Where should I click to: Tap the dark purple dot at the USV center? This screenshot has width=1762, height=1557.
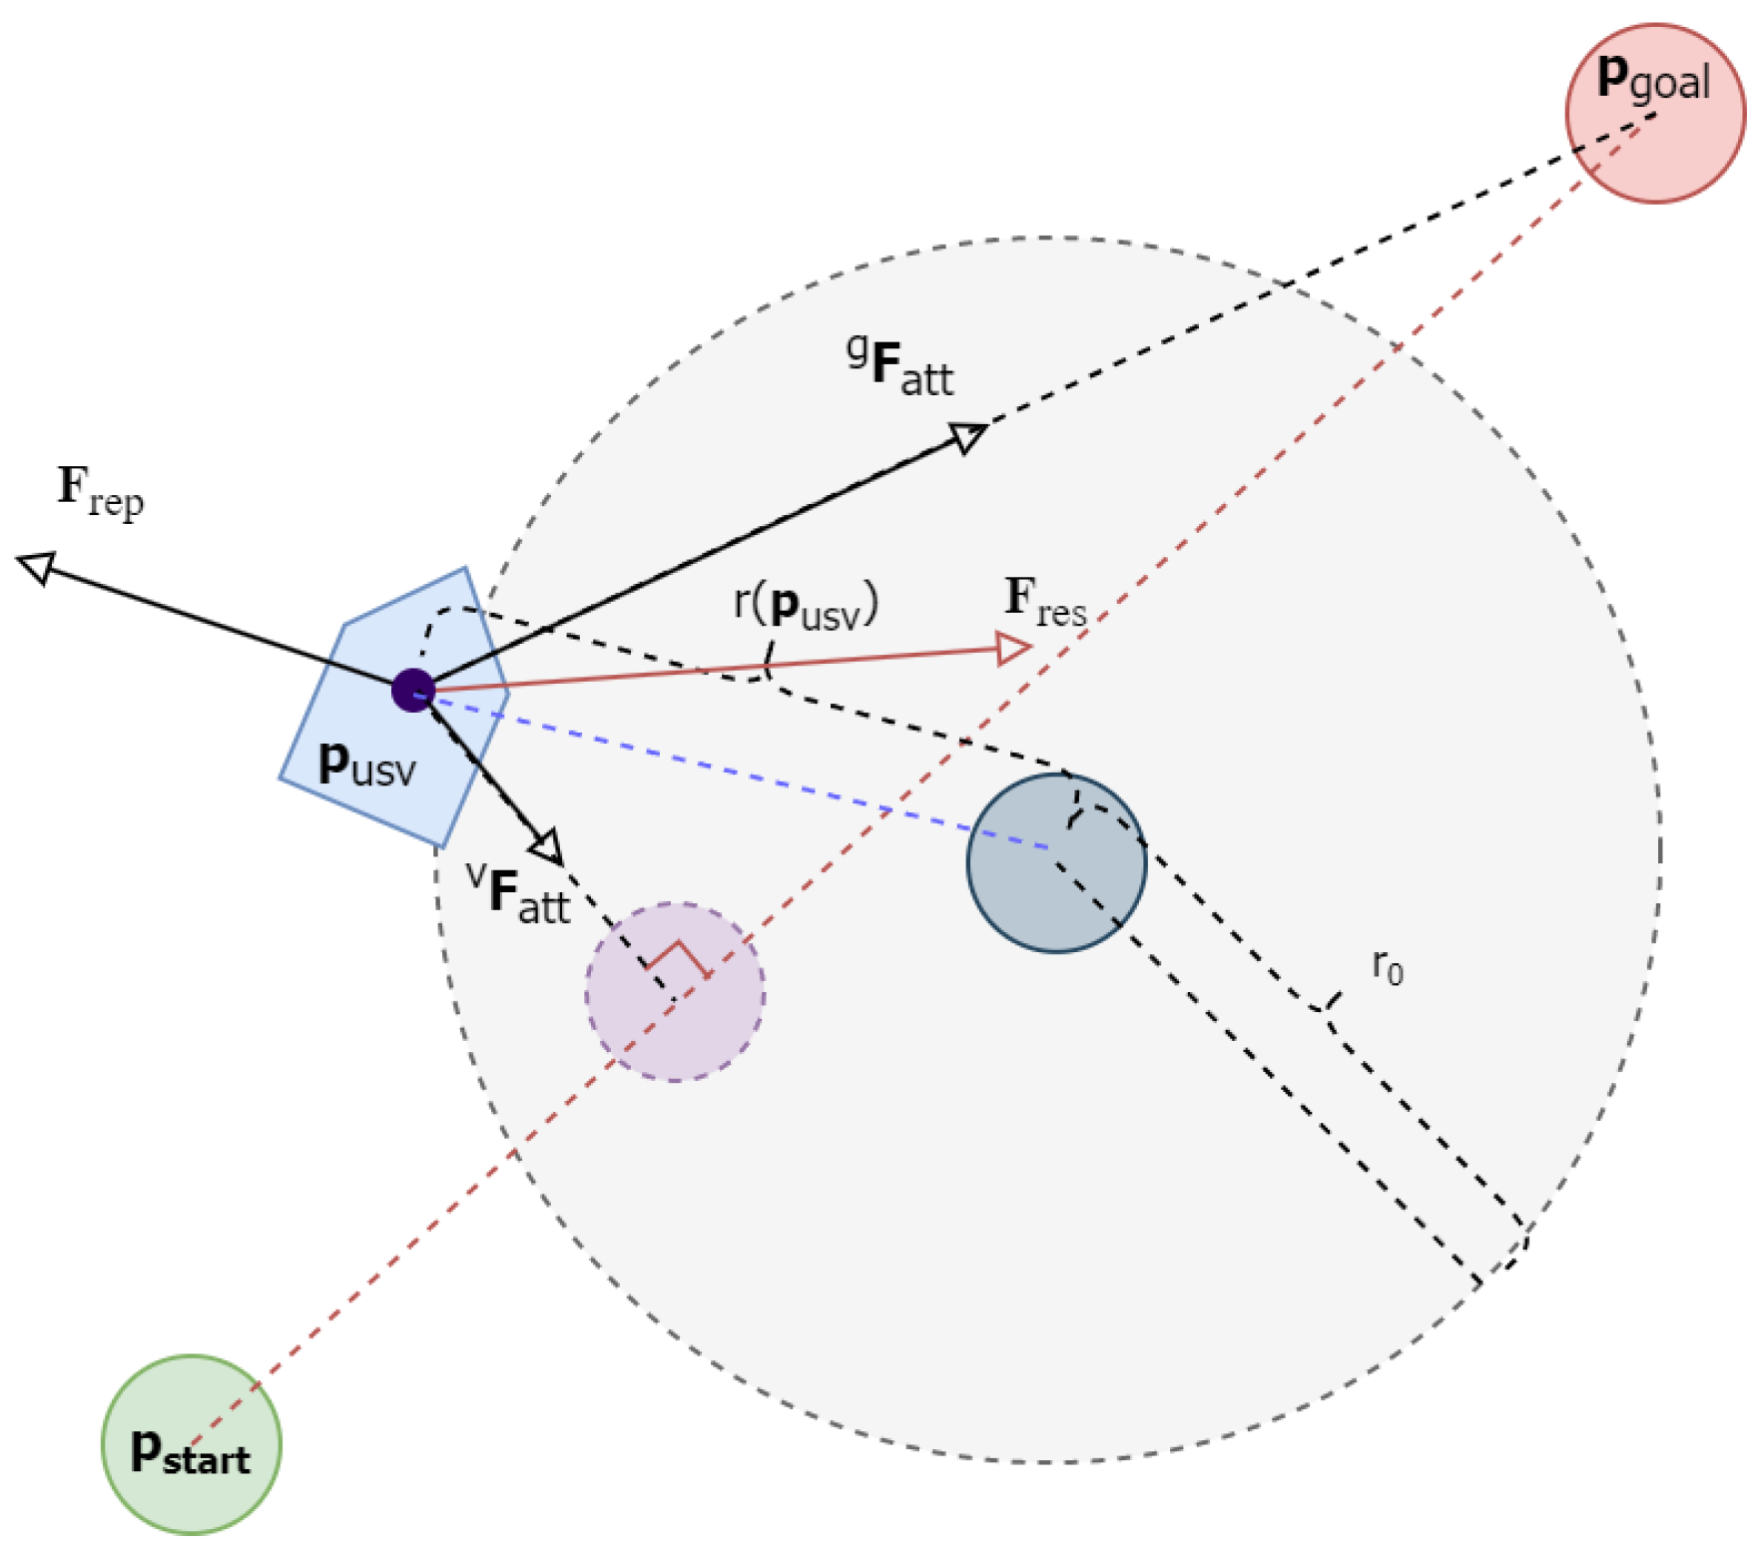pyautogui.click(x=412, y=690)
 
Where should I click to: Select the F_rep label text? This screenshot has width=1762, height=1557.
pyautogui.click(x=100, y=490)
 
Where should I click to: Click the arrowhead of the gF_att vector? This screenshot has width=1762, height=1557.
pyautogui.click(x=967, y=435)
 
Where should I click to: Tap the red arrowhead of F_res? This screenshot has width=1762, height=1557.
pyautogui.click(x=1013, y=649)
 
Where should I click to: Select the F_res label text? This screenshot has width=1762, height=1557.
pyautogui.click(x=1044, y=602)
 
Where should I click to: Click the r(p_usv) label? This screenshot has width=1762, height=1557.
pyautogui.click(x=806, y=605)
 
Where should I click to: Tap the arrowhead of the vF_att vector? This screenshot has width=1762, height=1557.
pyautogui.click(x=548, y=848)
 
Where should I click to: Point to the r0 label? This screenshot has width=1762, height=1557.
pyautogui.click(x=1388, y=965)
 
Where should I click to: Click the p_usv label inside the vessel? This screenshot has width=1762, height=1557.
pyautogui.click(x=366, y=765)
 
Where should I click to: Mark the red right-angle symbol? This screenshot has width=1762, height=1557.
pyautogui.click(x=679, y=957)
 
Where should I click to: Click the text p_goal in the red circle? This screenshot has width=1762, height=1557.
pyautogui.click(x=1653, y=78)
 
